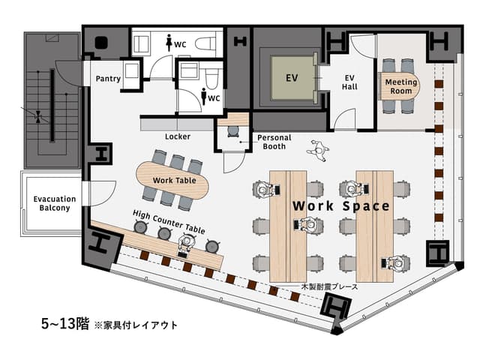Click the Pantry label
(x=108, y=79)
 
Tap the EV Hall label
(x=349, y=82)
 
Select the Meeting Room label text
(x=400, y=86)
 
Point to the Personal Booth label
(x=274, y=142)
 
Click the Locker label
(x=177, y=136)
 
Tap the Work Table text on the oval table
(x=174, y=181)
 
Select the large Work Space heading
(x=340, y=205)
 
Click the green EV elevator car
(x=289, y=77)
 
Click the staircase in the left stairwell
(x=52, y=105)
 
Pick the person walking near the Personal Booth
(x=318, y=150)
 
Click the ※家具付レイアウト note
(x=136, y=325)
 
